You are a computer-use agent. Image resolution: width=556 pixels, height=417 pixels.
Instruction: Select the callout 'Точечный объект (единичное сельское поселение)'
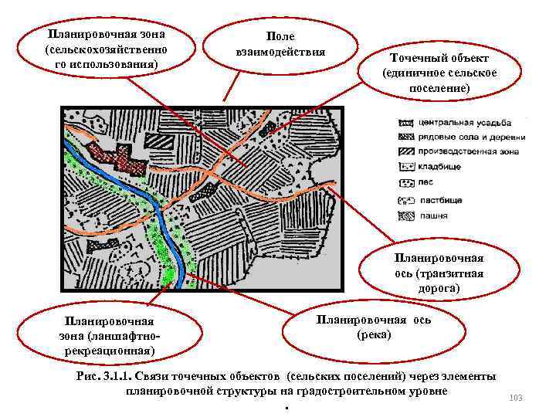[439, 73]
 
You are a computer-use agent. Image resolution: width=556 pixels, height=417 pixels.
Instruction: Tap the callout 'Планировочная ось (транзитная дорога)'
[438, 273]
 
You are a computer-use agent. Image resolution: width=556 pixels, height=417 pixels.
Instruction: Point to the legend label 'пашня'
[433, 216]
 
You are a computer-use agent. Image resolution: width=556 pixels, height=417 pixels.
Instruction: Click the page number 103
[517, 398]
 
